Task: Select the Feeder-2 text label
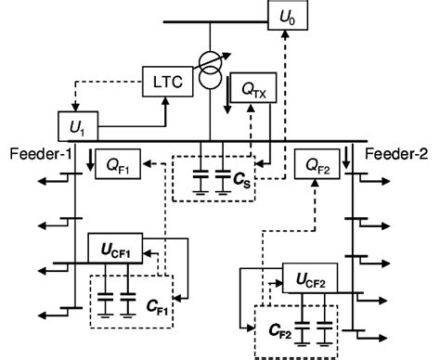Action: pyautogui.click(x=398, y=151)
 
